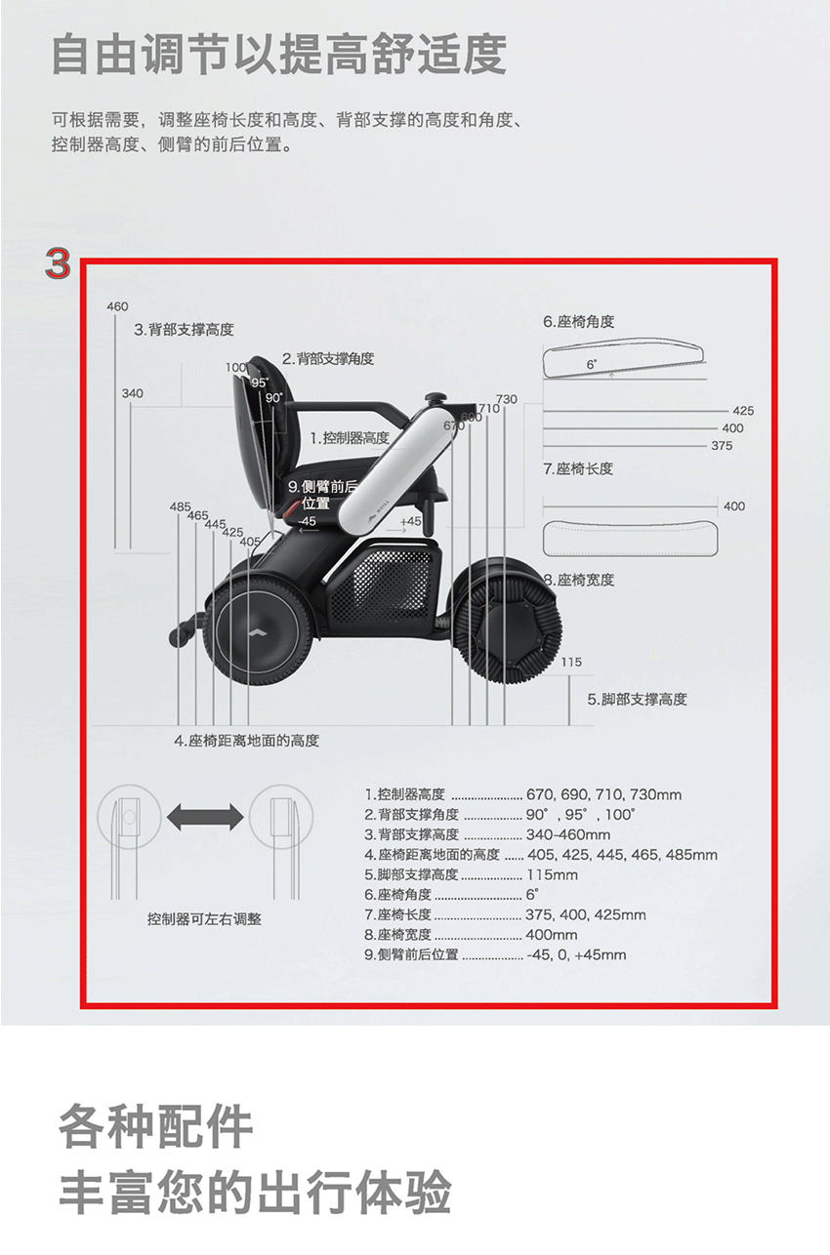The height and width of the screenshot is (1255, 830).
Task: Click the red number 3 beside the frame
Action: tap(58, 263)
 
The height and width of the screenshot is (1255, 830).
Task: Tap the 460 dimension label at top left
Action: tap(118, 306)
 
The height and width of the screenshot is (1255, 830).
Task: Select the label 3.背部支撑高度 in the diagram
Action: tap(184, 330)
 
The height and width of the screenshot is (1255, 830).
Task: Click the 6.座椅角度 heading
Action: tap(579, 322)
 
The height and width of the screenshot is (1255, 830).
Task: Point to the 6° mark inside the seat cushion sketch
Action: tap(592, 365)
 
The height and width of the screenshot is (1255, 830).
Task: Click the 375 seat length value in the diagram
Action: tap(722, 445)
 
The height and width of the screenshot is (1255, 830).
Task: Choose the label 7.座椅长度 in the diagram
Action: tap(578, 468)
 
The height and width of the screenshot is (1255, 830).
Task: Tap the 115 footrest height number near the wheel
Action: tap(571, 662)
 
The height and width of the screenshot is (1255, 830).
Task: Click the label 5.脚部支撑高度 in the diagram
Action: tap(638, 699)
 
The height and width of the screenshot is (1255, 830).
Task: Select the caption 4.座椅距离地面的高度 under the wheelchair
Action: tap(247, 741)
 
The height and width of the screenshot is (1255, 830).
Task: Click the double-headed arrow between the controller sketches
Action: tap(206, 817)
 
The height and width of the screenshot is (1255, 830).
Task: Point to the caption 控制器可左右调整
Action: tap(204, 919)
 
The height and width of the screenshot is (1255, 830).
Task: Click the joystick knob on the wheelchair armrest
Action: tap(435, 398)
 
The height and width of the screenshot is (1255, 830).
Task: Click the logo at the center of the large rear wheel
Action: tap(257, 632)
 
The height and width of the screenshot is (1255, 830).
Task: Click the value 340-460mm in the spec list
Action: tap(568, 834)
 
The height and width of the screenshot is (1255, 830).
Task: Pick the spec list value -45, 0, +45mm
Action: tap(577, 954)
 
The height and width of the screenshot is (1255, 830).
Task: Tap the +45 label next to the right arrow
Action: tap(411, 520)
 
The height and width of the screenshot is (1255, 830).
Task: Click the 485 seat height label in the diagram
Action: tap(181, 506)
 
